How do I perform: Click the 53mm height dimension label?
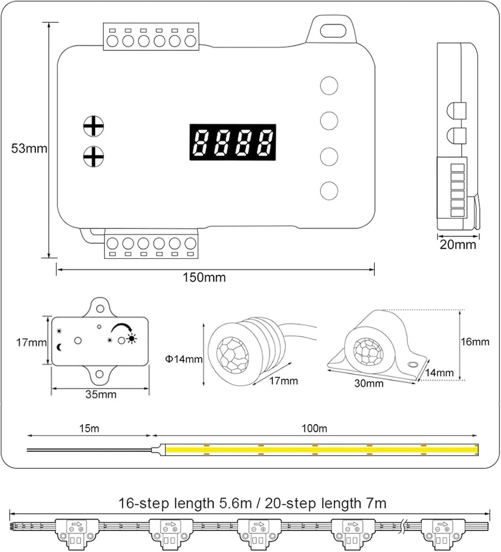click(29, 148)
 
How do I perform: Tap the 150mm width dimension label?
click(204, 277)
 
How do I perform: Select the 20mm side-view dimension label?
click(458, 244)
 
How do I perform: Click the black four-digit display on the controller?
click(232, 142)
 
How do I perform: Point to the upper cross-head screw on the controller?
click(93, 126)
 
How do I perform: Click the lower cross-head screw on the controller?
click(93, 156)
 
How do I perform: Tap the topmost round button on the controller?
click(329, 85)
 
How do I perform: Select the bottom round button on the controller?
click(329, 191)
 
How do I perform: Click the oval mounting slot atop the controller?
click(333, 31)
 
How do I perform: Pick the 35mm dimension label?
click(101, 394)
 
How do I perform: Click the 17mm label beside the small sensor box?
click(31, 343)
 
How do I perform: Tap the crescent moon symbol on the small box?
click(59, 347)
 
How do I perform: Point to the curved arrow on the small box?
click(122, 327)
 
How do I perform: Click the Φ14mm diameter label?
click(184, 359)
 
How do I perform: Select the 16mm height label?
click(475, 342)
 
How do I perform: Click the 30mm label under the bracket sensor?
click(369, 383)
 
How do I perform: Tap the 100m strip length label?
click(314, 428)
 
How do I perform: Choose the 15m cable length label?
click(89, 428)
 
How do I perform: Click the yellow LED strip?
click(322, 449)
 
